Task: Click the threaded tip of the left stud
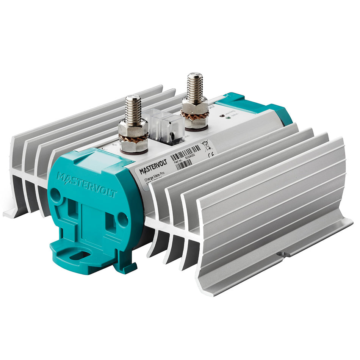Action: coord(133,106)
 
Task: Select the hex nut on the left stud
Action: coord(133,129)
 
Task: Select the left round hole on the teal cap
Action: coord(55,196)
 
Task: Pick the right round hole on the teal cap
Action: coord(122,218)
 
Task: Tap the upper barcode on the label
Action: coord(186,150)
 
